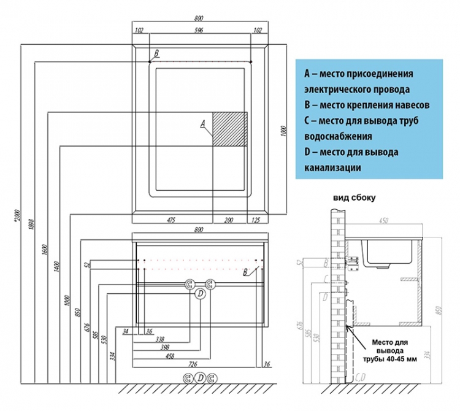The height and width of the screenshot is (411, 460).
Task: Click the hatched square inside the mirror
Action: pos(229,129)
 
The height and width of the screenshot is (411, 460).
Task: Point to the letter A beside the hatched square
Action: pos(202,124)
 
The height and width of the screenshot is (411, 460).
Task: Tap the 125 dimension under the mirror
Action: pos(256,220)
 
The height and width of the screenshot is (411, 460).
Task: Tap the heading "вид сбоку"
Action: pos(354,198)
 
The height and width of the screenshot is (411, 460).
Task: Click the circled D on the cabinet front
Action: pos(199,295)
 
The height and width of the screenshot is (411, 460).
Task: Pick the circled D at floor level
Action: pos(200,378)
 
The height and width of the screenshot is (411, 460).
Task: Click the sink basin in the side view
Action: pos(387,252)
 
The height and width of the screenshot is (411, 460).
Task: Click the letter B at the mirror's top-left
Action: pos(156,54)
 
